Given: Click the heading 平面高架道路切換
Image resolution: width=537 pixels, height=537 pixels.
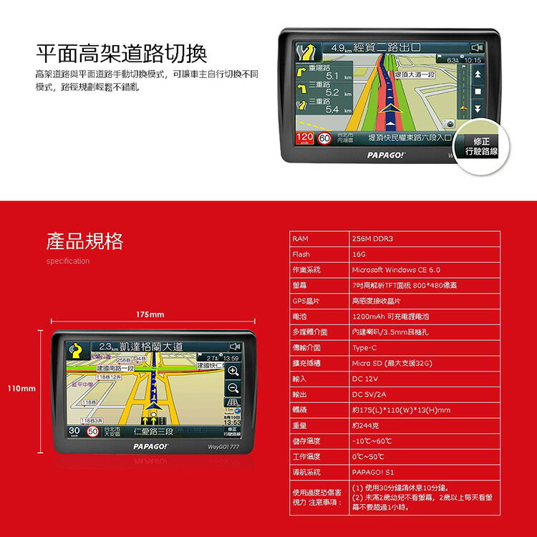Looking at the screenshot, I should coord(121,53).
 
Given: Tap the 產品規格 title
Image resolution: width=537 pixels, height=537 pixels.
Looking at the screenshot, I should coord(84,241).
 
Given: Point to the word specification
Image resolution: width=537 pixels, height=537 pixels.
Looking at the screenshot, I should coord(67,261).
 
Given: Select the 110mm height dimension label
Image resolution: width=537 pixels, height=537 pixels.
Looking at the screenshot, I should coord(21,388).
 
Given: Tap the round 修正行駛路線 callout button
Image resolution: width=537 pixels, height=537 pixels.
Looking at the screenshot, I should coord(480,147).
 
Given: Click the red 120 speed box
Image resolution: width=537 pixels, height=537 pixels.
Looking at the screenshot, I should coord(305,137).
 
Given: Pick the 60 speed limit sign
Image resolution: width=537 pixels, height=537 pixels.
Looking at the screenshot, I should coord(324,138).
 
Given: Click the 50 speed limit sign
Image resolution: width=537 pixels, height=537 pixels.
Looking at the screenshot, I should coord(92,432).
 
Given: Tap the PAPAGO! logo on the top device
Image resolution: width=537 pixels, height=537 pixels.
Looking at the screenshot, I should coord(386,154).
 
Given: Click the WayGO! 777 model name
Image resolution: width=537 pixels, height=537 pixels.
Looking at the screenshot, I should coord(223,447).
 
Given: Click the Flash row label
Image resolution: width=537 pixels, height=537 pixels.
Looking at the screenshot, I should coord(301,254).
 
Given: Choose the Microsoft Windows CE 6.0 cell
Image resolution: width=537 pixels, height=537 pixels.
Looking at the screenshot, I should coord(395,270).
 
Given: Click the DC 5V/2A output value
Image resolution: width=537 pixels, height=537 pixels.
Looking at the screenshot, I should coord(369,395).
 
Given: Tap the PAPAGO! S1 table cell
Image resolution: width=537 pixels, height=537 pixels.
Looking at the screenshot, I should coord(372,473).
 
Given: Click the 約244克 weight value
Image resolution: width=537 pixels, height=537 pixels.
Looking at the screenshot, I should coord(366,426).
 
